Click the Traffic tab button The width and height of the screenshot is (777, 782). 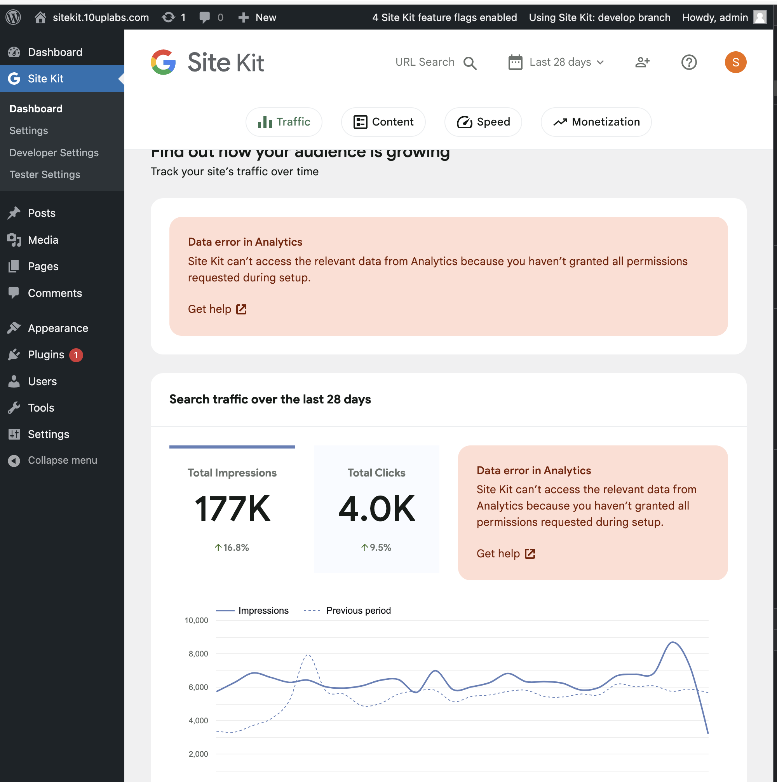click(x=284, y=122)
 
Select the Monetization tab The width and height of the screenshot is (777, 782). click(x=596, y=122)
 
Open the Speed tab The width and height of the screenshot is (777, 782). click(x=483, y=122)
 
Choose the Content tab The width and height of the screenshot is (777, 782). click(x=383, y=122)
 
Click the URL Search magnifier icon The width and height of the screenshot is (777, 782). click(x=470, y=63)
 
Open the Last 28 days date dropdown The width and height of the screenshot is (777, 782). click(x=556, y=62)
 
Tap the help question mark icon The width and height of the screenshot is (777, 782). click(x=689, y=62)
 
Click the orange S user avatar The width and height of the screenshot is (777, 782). click(x=735, y=62)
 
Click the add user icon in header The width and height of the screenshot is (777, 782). click(x=642, y=62)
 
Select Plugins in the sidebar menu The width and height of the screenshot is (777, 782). click(x=46, y=355)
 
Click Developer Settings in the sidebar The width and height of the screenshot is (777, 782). click(x=54, y=153)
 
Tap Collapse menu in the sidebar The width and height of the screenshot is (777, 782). click(x=62, y=460)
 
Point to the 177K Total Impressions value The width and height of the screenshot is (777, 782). click(x=232, y=509)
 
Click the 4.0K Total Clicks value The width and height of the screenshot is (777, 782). click(x=376, y=509)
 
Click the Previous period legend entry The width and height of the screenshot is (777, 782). click(x=358, y=610)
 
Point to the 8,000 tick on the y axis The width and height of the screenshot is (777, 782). click(x=198, y=654)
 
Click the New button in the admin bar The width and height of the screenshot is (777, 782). click(x=257, y=17)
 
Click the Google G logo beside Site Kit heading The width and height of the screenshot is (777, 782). click(x=163, y=62)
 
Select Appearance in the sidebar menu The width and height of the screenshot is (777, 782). click(x=58, y=328)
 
